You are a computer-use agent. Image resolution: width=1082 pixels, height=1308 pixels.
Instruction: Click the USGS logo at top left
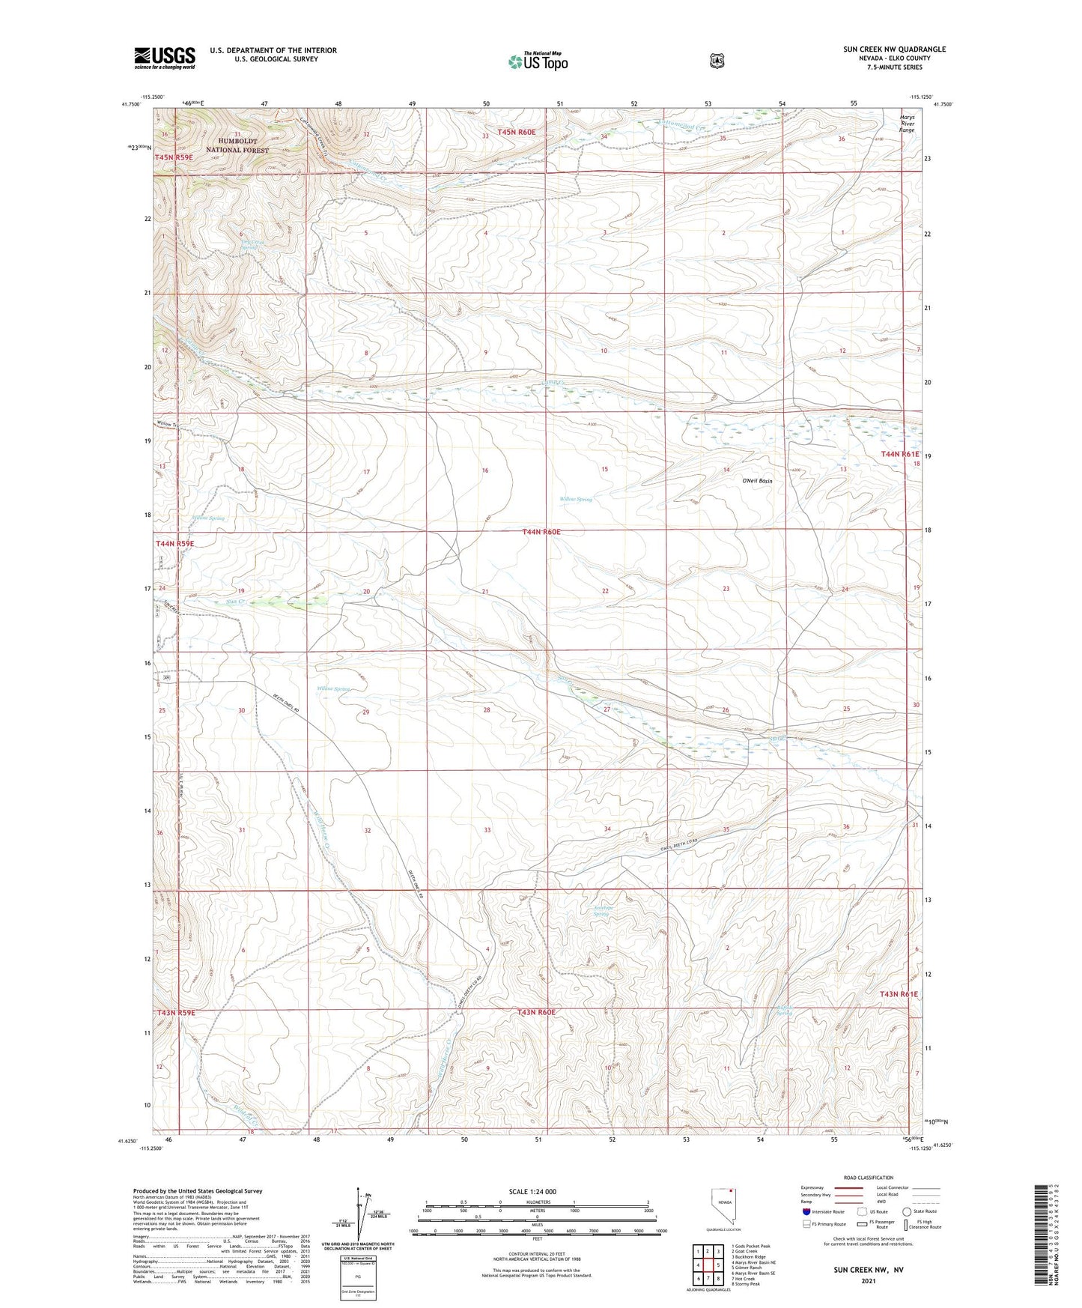165,58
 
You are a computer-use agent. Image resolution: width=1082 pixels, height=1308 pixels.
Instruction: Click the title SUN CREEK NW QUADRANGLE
894,49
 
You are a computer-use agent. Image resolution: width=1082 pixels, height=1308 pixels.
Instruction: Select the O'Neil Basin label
757,481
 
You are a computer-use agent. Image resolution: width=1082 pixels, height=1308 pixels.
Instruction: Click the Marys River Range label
907,124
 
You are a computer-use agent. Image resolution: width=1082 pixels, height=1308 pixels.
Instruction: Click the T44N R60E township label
541,532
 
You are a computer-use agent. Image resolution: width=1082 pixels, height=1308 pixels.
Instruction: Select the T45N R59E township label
174,158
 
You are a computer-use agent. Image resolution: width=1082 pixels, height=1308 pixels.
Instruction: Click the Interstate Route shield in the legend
806,1232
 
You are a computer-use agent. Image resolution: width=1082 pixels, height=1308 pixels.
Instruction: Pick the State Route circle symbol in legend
907,1232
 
